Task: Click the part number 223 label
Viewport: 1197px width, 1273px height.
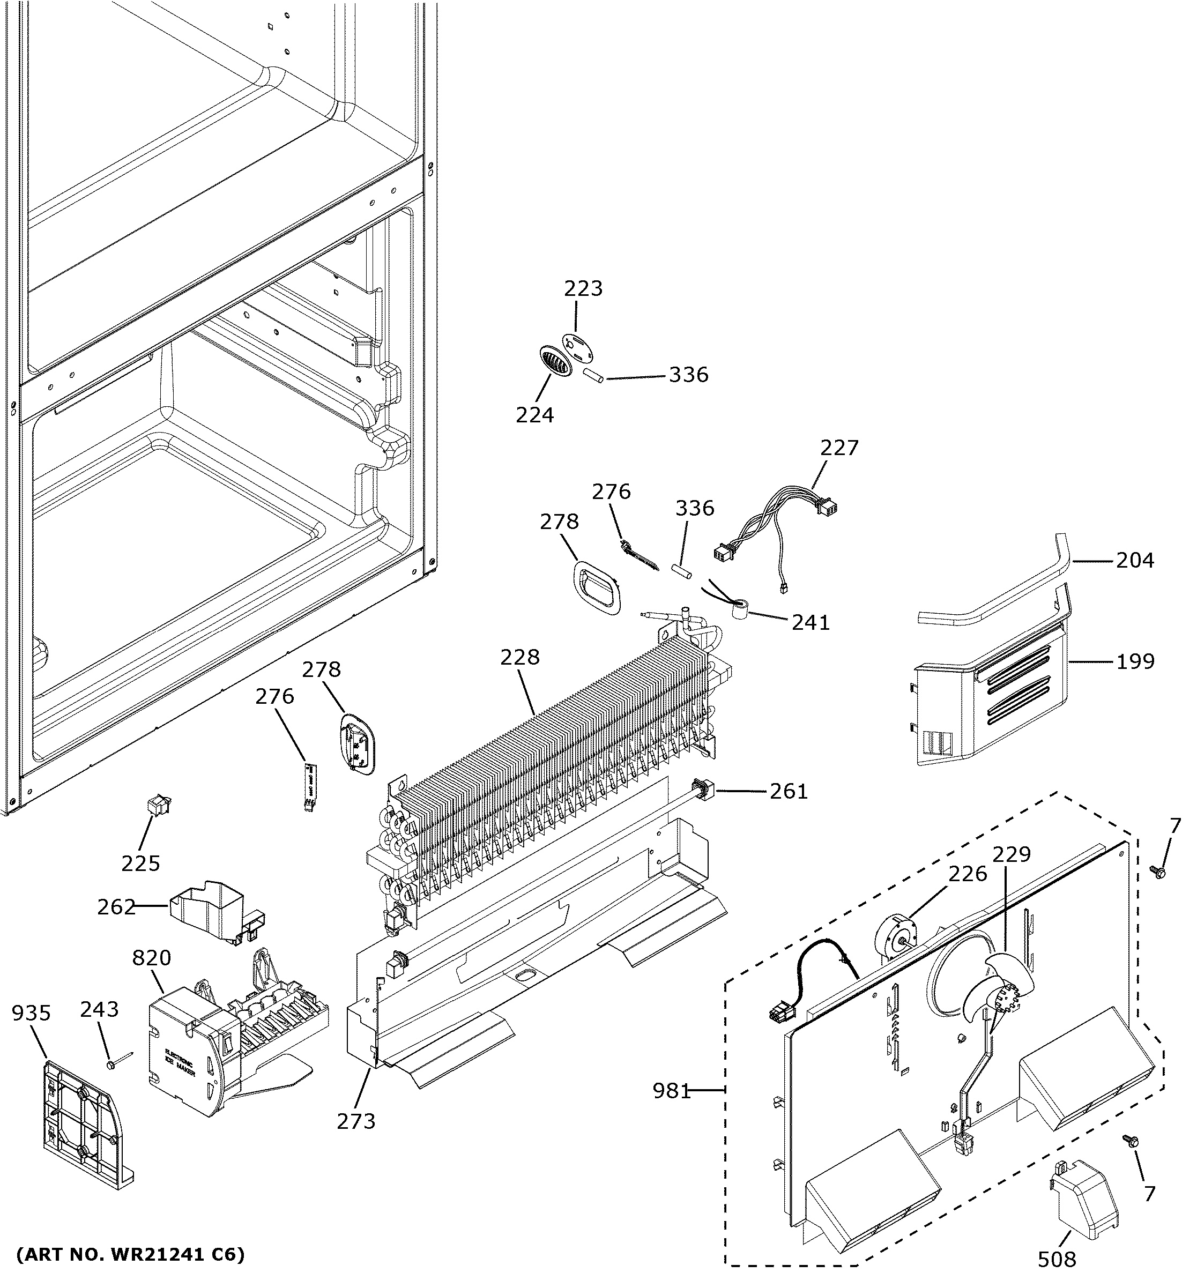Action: [x=583, y=289]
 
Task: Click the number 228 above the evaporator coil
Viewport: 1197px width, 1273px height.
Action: [x=520, y=657]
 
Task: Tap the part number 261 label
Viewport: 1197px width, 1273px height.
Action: [x=789, y=792]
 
